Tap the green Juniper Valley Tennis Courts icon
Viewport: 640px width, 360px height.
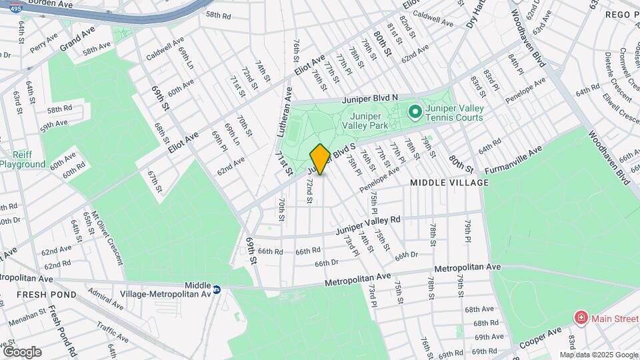pyautogui.click(x=414, y=111)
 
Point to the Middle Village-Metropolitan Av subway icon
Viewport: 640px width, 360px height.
pyautogui.click(x=217, y=290)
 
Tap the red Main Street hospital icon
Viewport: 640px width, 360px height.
pyautogui.click(x=581, y=317)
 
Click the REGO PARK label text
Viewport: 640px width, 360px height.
pyautogui.click(x=622, y=14)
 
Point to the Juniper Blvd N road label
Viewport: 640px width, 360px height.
pyautogui.click(x=370, y=98)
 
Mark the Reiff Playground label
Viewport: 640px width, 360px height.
pyautogui.click(x=22, y=159)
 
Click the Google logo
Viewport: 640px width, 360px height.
pyautogui.click(x=22, y=352)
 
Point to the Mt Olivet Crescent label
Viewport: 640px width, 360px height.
pyautogui.click(x=106, y=237)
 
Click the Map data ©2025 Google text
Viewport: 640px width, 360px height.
pyautogui.click(x=599, y=355)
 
